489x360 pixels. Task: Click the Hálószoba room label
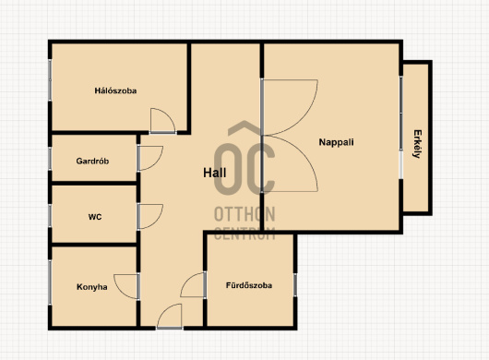[115, 90]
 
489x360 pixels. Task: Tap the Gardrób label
[92, 161]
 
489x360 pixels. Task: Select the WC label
[95, 217]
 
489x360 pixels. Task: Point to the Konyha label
[92, 287]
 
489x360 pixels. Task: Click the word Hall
[215, 173]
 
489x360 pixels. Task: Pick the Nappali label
[336, 142]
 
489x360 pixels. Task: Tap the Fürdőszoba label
[249, 285]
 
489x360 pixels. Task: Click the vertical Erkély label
[417, 144]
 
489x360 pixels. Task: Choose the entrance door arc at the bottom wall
[163, 311]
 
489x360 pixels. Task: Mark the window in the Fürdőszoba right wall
[295, 285]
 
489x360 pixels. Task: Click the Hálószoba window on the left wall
[50, 80]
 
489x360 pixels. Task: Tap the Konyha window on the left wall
[50, 282]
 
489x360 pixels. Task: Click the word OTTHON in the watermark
[244, 214]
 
